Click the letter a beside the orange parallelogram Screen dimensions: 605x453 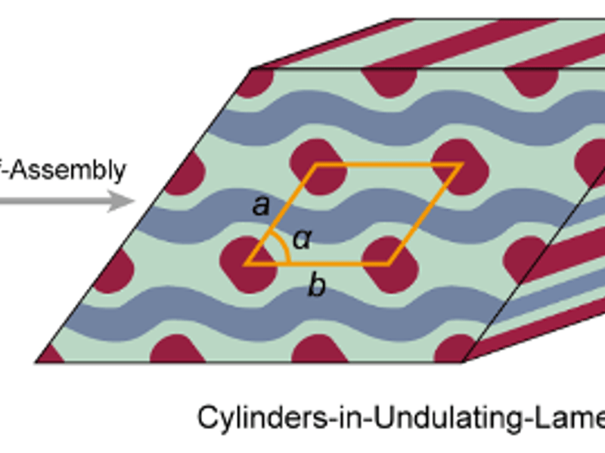pyautogui.click(x=261, y=205)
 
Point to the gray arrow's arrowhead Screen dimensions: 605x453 pyautogui.click(x=121, y=202)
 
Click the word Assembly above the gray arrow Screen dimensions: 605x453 pyautogui.click(x=72, y=170)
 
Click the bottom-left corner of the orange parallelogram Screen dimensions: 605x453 pyautogui.click(x=246, y=264)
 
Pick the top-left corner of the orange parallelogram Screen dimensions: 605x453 pyautogui.click(x=316, y=164)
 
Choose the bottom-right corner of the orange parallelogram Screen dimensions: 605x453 pyautogui.click(x=389, y=264)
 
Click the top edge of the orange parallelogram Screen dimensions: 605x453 pyautogui.click(x=388, y=164)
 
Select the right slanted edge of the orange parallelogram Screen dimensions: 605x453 pyautogui.click(x=424, y=214)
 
